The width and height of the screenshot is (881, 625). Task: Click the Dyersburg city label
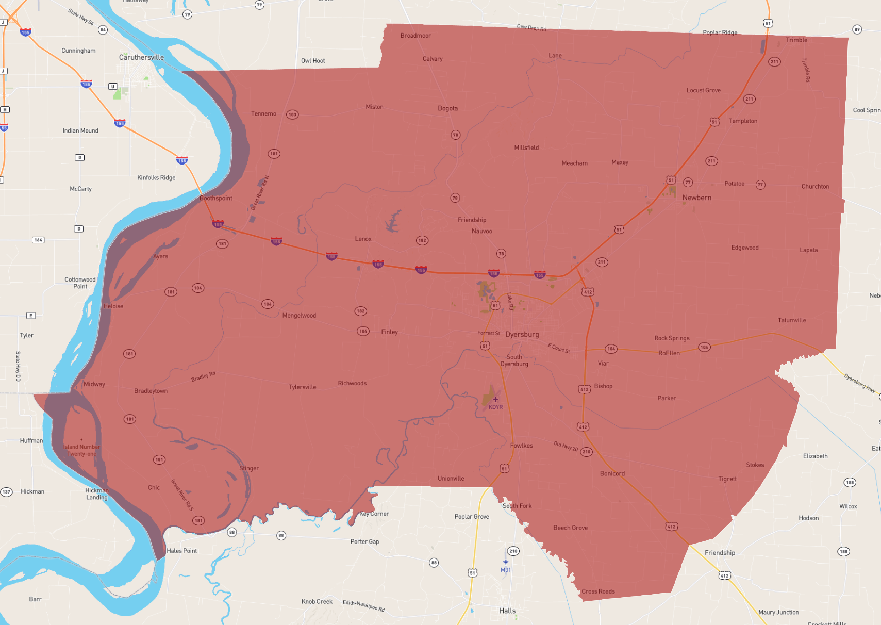(522, 334)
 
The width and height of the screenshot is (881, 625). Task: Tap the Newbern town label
(696, 198)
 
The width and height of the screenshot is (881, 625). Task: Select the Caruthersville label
(141, 57)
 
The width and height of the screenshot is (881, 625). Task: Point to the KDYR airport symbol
(495, 400)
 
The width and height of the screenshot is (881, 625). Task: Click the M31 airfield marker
(506, 562)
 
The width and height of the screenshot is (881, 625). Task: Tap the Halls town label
(507, 611)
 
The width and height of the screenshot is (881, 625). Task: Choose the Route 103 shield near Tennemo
(292, 114)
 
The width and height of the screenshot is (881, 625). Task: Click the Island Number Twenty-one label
(82, 450)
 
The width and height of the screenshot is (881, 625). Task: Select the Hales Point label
(181, 551)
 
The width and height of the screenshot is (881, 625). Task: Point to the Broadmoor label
(415, 36)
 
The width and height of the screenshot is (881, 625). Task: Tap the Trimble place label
(796, 40)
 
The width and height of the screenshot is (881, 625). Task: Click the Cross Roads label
(598, 591)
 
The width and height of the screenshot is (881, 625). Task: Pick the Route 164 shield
(38, 240)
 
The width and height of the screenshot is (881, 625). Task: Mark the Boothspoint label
(216, 198)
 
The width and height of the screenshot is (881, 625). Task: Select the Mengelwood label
(299, 316)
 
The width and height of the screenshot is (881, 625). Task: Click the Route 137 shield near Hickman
(6, 492)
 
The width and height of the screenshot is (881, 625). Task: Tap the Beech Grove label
(570, 528)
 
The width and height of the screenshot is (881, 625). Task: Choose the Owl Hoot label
(313, 61)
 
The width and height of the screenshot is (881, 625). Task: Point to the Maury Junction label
(778, 612)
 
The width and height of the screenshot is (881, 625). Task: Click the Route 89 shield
(857, 29)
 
